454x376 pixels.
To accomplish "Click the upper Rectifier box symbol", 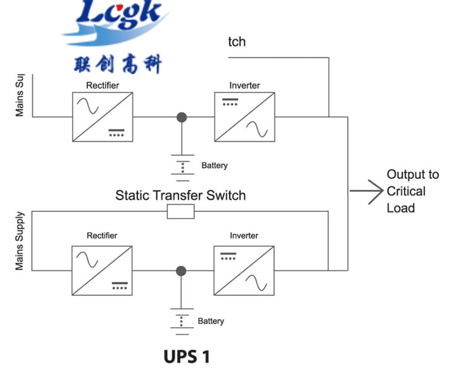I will [x=103, y=116].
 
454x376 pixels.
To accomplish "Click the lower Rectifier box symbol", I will [x=103, y=270].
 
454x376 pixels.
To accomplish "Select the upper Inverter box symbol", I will [x=245, y=116].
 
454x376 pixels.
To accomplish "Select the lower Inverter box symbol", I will [x=245, y=270].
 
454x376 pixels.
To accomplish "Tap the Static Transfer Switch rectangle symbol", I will [x=180, y=211].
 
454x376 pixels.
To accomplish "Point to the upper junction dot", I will [x=182, y=116].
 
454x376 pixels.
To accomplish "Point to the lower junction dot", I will [x=182, y=271].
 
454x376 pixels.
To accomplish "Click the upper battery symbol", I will [x=182, y=166].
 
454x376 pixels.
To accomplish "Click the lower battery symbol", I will [x=182, y=321].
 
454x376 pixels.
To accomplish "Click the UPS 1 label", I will [x=187, y=356].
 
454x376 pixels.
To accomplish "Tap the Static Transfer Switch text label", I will [x=180, y=195].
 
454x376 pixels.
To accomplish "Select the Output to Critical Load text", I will [x=412, y=191].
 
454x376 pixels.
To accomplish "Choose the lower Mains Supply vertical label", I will [x=20, y=241].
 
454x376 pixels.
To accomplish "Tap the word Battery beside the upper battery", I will [x=215, y=166].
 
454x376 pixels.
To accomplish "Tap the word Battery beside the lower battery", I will [x=211, y=321].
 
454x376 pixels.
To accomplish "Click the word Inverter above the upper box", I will [x=245, y=85].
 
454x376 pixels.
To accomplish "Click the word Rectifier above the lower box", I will [x=102, y=235].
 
